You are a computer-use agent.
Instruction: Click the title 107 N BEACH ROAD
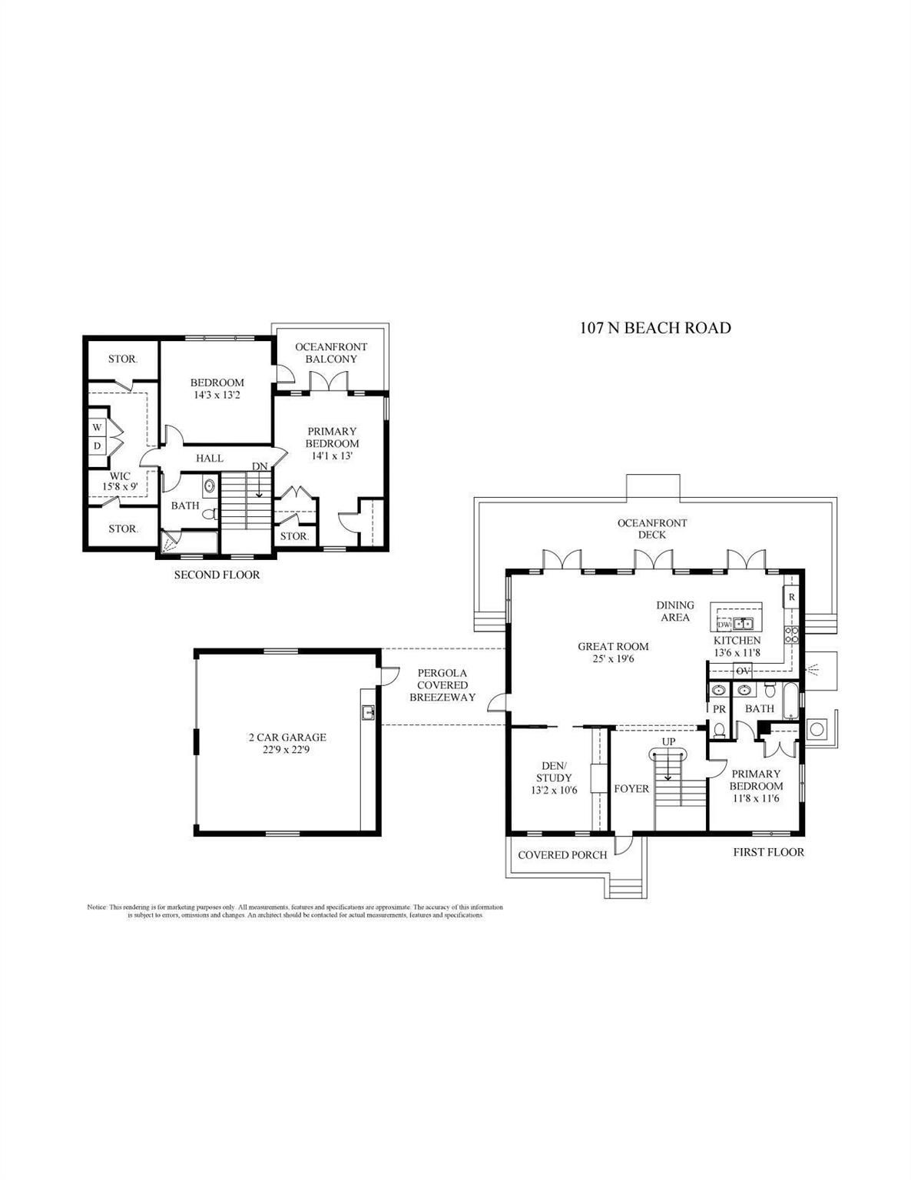coord(654,328)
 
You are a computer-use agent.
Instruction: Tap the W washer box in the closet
coord(98,427)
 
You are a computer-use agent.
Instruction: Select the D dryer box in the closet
coord(98,446)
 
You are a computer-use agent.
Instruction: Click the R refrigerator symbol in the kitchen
coord(791,596)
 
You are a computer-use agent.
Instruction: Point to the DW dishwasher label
coord(724,624)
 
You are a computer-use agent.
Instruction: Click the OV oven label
coord(743,671)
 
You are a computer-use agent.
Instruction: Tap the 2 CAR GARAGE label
coord(287,737)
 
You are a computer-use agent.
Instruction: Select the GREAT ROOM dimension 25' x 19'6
coord(613,658)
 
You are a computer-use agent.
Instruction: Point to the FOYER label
coord(631,789)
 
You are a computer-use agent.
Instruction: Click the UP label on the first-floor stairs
coord(669,741)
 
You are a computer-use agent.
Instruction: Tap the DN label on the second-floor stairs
coord(260,466)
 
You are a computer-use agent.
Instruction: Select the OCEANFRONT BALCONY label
coord(331,353)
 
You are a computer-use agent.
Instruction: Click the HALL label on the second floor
coord(209,458)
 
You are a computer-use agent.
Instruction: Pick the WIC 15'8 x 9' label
coord(120,481)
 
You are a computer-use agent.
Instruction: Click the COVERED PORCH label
coord(562,855)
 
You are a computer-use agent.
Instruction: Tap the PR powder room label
coord(720,709)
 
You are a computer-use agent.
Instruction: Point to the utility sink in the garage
coord(368,711)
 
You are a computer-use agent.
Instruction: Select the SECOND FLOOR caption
coord(217,575)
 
